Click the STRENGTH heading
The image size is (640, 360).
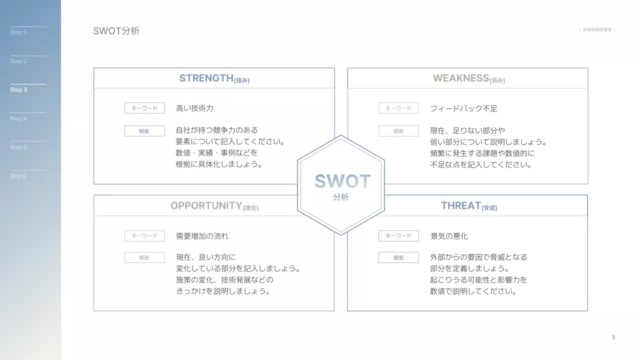[x=214, y=78]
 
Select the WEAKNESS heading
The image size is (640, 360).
[x=468, y=78]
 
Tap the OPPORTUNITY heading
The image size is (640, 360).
[x=214, y=206]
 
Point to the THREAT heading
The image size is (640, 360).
[x=468, y=206]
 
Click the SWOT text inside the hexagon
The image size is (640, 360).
[x=342, y=181]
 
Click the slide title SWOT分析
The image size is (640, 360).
[x=116, y=31]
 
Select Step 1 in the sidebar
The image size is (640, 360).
[x=18, y=32]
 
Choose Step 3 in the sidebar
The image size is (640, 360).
[x=18, y=90]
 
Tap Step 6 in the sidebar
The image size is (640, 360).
[x=18, y=176]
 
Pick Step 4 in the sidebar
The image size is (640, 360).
[x=18, y=118]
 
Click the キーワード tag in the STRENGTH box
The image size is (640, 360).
[x=144, y=108]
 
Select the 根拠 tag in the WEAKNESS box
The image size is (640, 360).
[x=398, y=131]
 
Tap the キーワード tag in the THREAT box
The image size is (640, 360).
[x=398, y=235]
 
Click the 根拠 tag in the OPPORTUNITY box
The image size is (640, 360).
[x=144, y=257]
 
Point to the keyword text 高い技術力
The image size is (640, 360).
[x=194, y=108]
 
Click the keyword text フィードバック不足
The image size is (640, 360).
[x=463, y=108]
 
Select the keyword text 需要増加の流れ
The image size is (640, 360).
[x=202, y=236]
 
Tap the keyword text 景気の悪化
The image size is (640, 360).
[x=449, y=236]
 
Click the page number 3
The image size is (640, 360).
[x=613, y=337]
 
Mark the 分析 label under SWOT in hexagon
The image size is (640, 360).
[x=341, y=197]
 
